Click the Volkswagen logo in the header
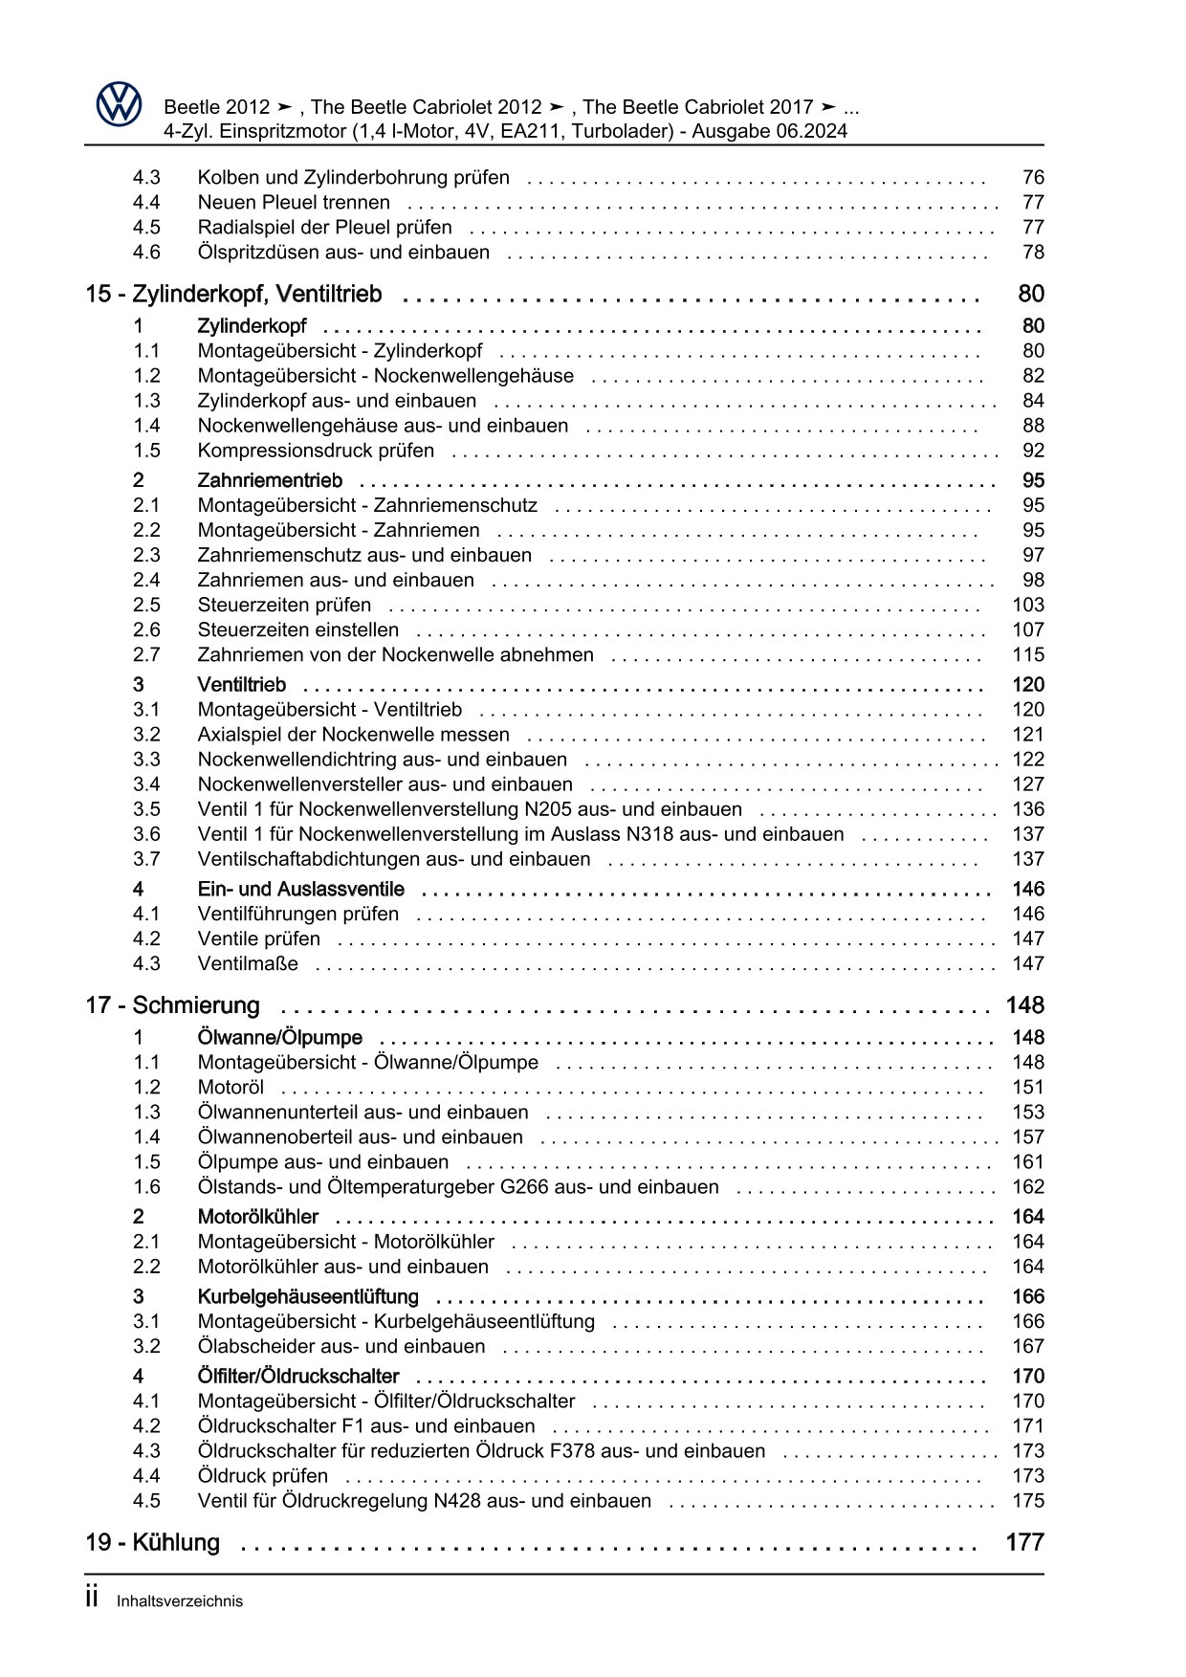[x=119, y=104]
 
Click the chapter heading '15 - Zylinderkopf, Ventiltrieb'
[x=233, y=294]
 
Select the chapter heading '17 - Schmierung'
[x=173, y=1005]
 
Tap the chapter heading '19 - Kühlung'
[x=153, y=1543]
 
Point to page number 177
[x=1024, y=1543]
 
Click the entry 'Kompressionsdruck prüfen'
[x=316, y=451]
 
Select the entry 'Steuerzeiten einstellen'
[x=298, y=629]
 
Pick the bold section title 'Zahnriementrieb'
[x=270, y=480]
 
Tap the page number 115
[x=1028, y=654]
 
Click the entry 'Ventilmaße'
[x=248, y=963]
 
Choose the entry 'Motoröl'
[x=231, y=1087]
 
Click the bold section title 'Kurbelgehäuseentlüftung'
[x=308, y=1296]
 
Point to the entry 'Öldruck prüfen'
[x=263, y=1475]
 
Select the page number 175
[x=1028, y=1500]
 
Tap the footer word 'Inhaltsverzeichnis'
[x=180, y=1601]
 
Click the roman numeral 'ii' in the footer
[x=92, y=1600]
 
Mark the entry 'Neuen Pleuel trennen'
[x=294, y=202]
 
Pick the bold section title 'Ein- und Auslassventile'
[x=301, y=889]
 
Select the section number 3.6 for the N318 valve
[x=146, y=834]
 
